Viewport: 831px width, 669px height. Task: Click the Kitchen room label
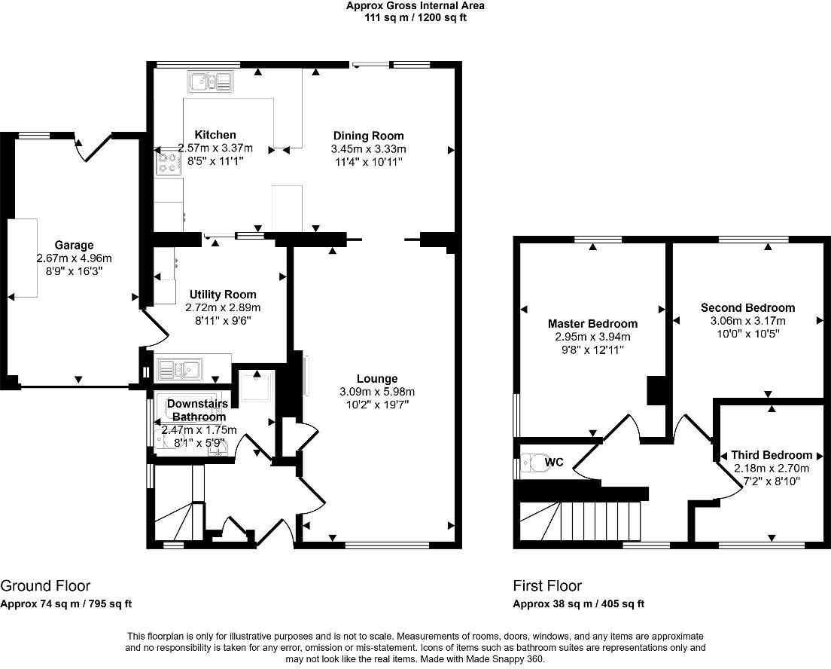pos(215,135)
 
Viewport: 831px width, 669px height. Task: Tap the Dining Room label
pos(368,136)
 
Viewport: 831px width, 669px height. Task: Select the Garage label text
pos(75,245)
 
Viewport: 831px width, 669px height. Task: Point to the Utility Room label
pos(223,295)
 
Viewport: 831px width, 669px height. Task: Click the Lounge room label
pos(377,379)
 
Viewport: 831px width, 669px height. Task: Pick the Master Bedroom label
pos(592,324)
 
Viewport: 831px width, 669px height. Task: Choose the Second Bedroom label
pos(747,307)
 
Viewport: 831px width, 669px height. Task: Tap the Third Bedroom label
pos(772,455)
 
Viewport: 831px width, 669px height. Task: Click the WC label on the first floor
pos(554,462)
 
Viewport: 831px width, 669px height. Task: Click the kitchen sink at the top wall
pos(210,82)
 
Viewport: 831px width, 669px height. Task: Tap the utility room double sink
pos(180,368)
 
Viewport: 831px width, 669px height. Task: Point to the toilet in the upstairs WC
pos(534,463)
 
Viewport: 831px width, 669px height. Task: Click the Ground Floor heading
pos(46,585)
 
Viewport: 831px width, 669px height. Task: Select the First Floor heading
pos(547,585)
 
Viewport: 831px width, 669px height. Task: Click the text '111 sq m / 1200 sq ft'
pos(415,17)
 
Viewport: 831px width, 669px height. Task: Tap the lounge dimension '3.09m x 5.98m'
pos(377,392)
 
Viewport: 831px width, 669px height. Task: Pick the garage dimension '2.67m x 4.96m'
pos(75,258)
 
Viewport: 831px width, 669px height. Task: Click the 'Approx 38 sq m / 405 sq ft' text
pos(579,603)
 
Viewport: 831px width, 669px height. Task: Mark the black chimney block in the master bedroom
pos(656,390)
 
